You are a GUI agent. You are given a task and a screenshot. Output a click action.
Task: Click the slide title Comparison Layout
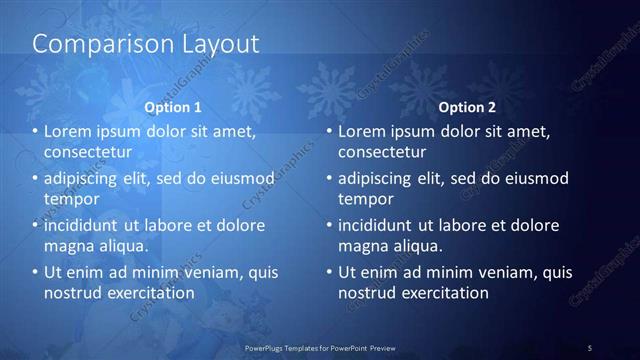(146, 45)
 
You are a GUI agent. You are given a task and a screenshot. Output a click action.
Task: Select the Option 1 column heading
(173, 106)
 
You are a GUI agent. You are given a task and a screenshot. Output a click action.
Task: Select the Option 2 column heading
(467, 106)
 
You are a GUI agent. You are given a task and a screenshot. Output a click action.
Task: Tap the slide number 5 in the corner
(590, 347)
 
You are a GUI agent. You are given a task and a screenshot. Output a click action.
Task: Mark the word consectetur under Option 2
(382, 152)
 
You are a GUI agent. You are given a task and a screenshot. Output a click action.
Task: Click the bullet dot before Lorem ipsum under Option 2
(329, 131)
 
